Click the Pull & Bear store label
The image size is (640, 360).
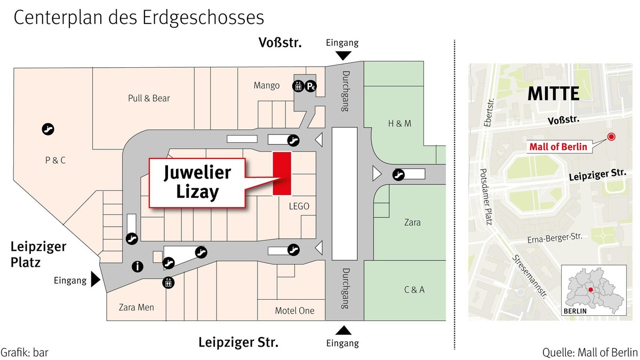click(148, 98)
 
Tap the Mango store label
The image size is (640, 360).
click(267, 85)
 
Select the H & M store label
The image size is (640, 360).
click(399, 123)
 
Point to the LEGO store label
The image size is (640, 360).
click(299, 206)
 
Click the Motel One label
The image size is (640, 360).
click(294, 310)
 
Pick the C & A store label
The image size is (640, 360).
click(414, 290)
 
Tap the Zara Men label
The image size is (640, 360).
click(137, 307)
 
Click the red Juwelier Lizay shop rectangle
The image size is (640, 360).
click(282, 173)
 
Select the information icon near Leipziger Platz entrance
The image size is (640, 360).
click(137, 267)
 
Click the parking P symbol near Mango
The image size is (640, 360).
click(311, 85)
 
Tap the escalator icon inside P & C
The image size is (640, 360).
click(49, 129)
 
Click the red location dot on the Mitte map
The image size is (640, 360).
click(611, 137)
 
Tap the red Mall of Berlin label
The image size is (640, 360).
click(558, 147)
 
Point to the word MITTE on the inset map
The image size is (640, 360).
click(553, 94)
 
